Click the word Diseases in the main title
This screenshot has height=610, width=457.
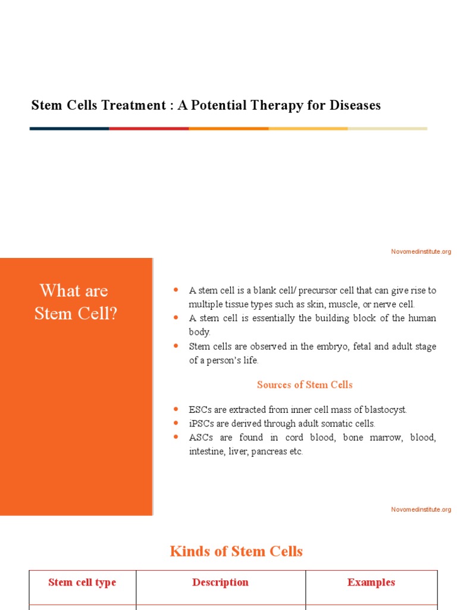tap(351, 105)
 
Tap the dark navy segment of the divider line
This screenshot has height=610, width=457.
tap(69, 128)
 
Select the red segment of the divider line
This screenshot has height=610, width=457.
tap(149, 128)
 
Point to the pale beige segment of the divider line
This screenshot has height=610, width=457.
tap(387, 128)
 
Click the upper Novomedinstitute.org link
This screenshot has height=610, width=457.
tap(421, 251)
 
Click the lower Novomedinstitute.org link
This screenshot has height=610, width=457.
tap(421, 509)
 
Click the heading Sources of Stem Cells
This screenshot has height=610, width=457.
tap(305, 385)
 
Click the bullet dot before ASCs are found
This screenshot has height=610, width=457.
tap(176, 437)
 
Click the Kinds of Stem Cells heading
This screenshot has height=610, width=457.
tap(236, 551)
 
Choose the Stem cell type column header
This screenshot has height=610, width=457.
tap(82, 583)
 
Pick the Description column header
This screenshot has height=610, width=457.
tap(220, 583)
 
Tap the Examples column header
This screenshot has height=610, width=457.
tap(371, 583)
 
